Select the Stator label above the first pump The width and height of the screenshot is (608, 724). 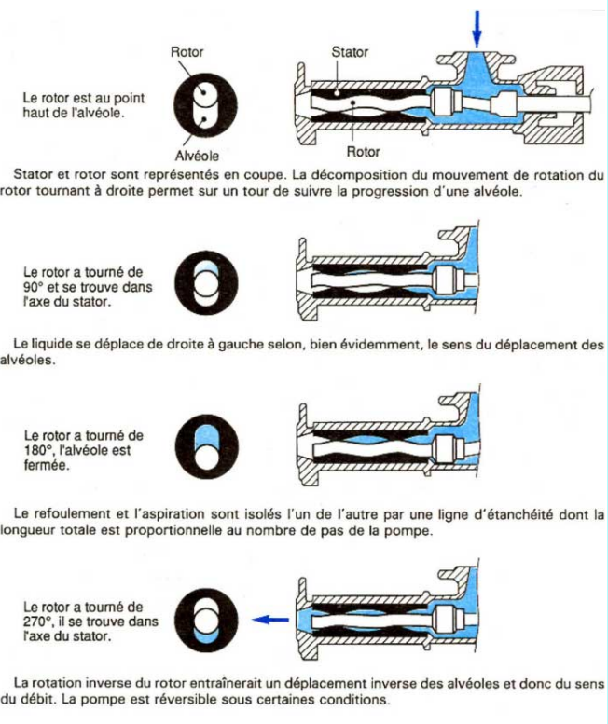click(x=351, y=52)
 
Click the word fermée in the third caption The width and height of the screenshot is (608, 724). click(x=48, y=464)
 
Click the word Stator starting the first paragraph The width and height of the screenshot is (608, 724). click(x=33, y=174)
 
